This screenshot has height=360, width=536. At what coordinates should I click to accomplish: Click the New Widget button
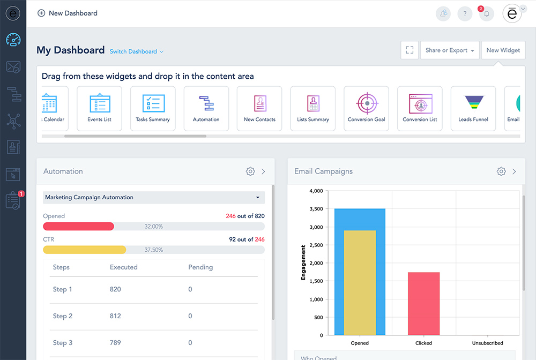503,50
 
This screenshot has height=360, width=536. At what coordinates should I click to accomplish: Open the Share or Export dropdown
450,50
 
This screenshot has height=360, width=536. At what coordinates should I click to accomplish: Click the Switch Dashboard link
136,51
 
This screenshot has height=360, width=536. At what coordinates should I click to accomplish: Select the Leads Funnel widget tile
473,108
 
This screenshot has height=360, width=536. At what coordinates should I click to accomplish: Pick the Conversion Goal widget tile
366,108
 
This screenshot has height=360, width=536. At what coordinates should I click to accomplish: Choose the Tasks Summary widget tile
153,108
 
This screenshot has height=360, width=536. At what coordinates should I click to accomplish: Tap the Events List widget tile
99,108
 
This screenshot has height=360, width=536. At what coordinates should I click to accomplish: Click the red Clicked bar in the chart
423,303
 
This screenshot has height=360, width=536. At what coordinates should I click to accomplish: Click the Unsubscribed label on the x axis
488,343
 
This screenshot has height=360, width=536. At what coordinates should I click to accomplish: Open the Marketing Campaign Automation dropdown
154,198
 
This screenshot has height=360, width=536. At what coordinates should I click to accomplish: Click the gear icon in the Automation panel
250,171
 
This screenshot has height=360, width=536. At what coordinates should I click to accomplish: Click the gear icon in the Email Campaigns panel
501,171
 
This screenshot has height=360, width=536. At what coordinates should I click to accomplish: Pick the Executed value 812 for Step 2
115,316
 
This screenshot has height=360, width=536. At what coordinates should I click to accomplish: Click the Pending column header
200,267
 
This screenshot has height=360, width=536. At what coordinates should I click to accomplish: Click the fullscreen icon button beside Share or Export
410,50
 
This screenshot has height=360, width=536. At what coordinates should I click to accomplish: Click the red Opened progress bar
79,227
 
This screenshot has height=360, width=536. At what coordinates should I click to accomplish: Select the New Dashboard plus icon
41,13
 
